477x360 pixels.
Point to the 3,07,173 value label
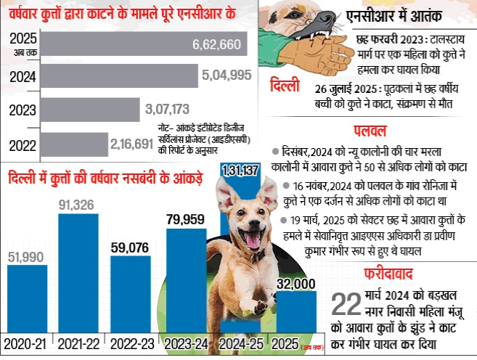pyautogui.click(x=167, y=110)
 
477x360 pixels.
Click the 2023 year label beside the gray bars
pyautogui.click(x=22, y=110)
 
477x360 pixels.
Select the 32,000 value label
pyautogui.click(x=294, y=282)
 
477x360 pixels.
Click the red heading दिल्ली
pyautogui.click(x=282, y=86)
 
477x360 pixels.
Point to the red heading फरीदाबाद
pyautogui.click(x=390, y=274)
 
